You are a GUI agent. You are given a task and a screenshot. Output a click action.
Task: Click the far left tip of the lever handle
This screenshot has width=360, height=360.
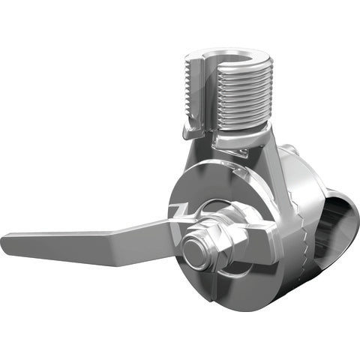point(6,241)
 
